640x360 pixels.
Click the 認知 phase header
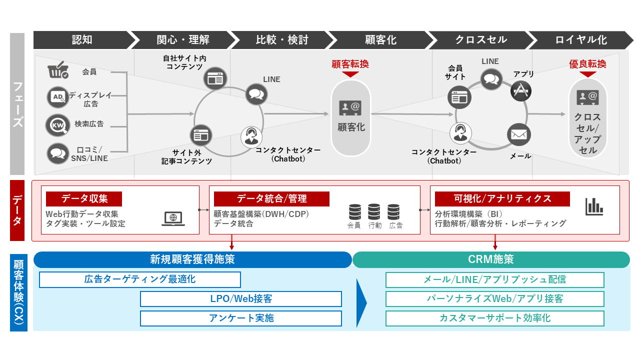(81, 40)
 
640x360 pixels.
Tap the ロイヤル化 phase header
(580, 40)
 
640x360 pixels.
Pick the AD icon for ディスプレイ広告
(57, 97)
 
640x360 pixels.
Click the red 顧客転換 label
(350, 64)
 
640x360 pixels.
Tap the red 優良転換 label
(587, 64)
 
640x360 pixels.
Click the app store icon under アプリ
(521, 91)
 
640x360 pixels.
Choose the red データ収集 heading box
(84, 198)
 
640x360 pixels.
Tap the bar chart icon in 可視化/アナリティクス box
(594, 206)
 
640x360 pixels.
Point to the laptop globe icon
(172, 218)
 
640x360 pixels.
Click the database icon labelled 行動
(374, 212)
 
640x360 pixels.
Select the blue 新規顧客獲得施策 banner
(192, 259)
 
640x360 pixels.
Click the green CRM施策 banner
(491, 259)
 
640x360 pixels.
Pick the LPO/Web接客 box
(241, 299)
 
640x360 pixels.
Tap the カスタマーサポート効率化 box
(494, 318)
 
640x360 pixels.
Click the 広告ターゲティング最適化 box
(140, 279)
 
